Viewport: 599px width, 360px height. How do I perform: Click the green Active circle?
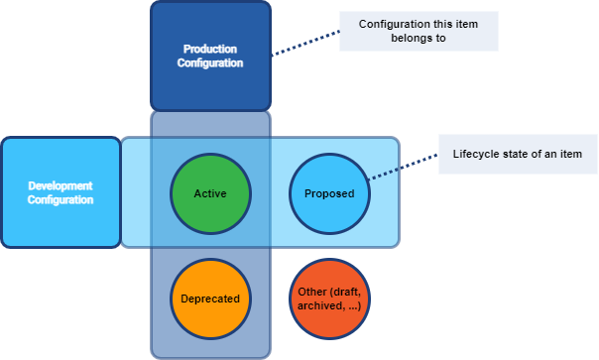210,192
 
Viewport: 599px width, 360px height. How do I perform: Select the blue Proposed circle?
328,192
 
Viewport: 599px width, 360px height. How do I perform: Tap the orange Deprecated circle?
210,298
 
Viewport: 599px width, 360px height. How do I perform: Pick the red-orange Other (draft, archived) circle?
328,298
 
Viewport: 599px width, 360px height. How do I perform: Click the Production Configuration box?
210,56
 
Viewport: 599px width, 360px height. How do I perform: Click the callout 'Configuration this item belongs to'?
419,31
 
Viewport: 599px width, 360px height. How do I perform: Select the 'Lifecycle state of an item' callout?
517,154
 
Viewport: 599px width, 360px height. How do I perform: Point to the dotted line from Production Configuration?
305,43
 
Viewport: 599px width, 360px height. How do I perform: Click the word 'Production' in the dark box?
210,49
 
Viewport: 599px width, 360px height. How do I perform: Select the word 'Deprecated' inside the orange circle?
210,298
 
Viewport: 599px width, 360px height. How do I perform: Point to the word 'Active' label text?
210,193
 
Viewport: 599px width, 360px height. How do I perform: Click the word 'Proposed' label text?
328,193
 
